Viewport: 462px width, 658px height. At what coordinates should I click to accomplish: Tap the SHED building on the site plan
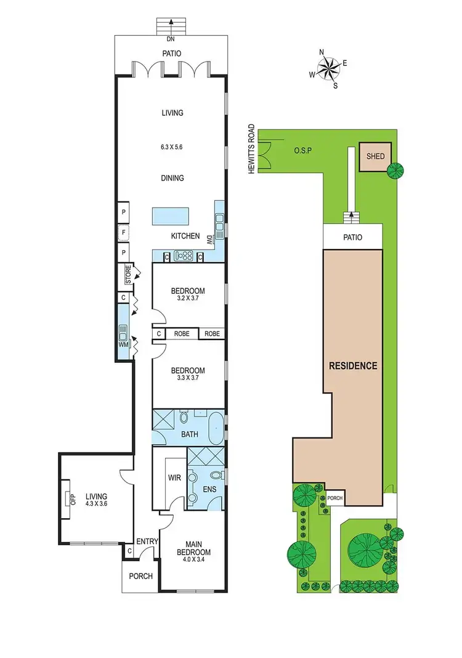tap(375, 156)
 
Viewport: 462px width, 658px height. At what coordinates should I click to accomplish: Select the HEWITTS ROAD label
tap(251, 148)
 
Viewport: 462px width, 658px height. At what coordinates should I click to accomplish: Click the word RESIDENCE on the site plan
tap(352, 365)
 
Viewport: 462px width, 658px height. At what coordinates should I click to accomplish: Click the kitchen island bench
tap(171, 216)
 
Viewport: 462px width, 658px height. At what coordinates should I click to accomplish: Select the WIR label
tap(172, 477)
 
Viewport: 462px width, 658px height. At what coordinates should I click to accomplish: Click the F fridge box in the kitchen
tap(123, 232)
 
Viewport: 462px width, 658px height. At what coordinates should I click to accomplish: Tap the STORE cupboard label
tap(128, 275)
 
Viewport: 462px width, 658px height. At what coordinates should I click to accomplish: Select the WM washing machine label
tap(123, 344)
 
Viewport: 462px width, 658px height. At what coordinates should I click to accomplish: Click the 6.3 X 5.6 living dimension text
tap(172, 148)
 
